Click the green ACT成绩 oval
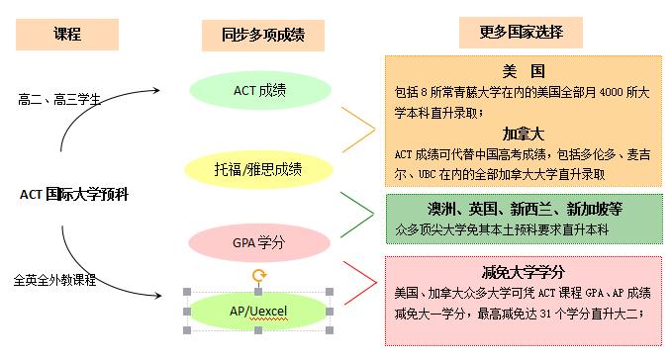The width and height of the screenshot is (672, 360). [258, 90]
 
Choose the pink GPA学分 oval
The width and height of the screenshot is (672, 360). [258, 240]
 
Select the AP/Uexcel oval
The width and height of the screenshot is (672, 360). [258, 311]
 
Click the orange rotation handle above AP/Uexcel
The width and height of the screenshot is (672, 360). [258, 276]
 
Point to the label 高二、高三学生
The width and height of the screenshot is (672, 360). [59, 99]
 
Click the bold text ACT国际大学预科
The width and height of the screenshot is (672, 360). [74, 194]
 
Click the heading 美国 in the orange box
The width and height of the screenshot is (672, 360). [524, 71]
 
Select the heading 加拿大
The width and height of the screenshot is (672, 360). [524, 134]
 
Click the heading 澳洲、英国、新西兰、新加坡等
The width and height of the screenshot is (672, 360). [524, 209]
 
